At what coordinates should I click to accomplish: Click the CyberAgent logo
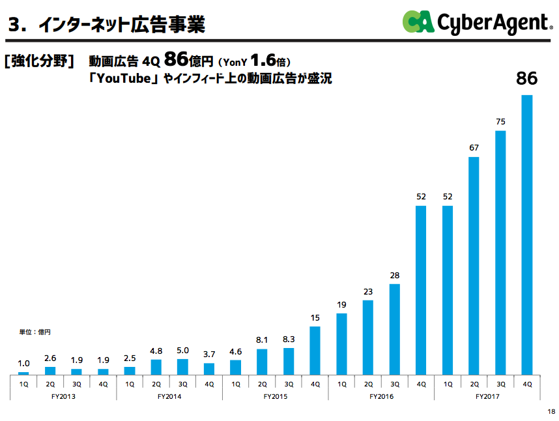point(476,23)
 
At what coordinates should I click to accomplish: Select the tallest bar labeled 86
point(527,235)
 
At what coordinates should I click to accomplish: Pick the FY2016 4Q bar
point(421,290)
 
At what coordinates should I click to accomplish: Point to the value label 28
point(394,276)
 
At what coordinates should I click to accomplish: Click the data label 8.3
point(289,340)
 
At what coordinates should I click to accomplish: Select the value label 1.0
point(23,364)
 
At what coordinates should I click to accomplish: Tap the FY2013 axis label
point(63,396)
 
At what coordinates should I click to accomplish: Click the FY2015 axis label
point(275,396)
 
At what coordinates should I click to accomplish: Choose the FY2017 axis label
point(487,396)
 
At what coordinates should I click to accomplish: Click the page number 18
point(551,411)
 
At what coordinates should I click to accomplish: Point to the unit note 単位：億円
point(35,332)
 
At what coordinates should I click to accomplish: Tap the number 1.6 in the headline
point(263,60)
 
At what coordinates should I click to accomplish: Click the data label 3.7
point(209,355)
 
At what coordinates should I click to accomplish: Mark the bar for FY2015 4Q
point(315,350)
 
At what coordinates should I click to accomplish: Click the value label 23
point(368,291)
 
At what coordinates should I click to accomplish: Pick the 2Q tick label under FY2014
point(156,384)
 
